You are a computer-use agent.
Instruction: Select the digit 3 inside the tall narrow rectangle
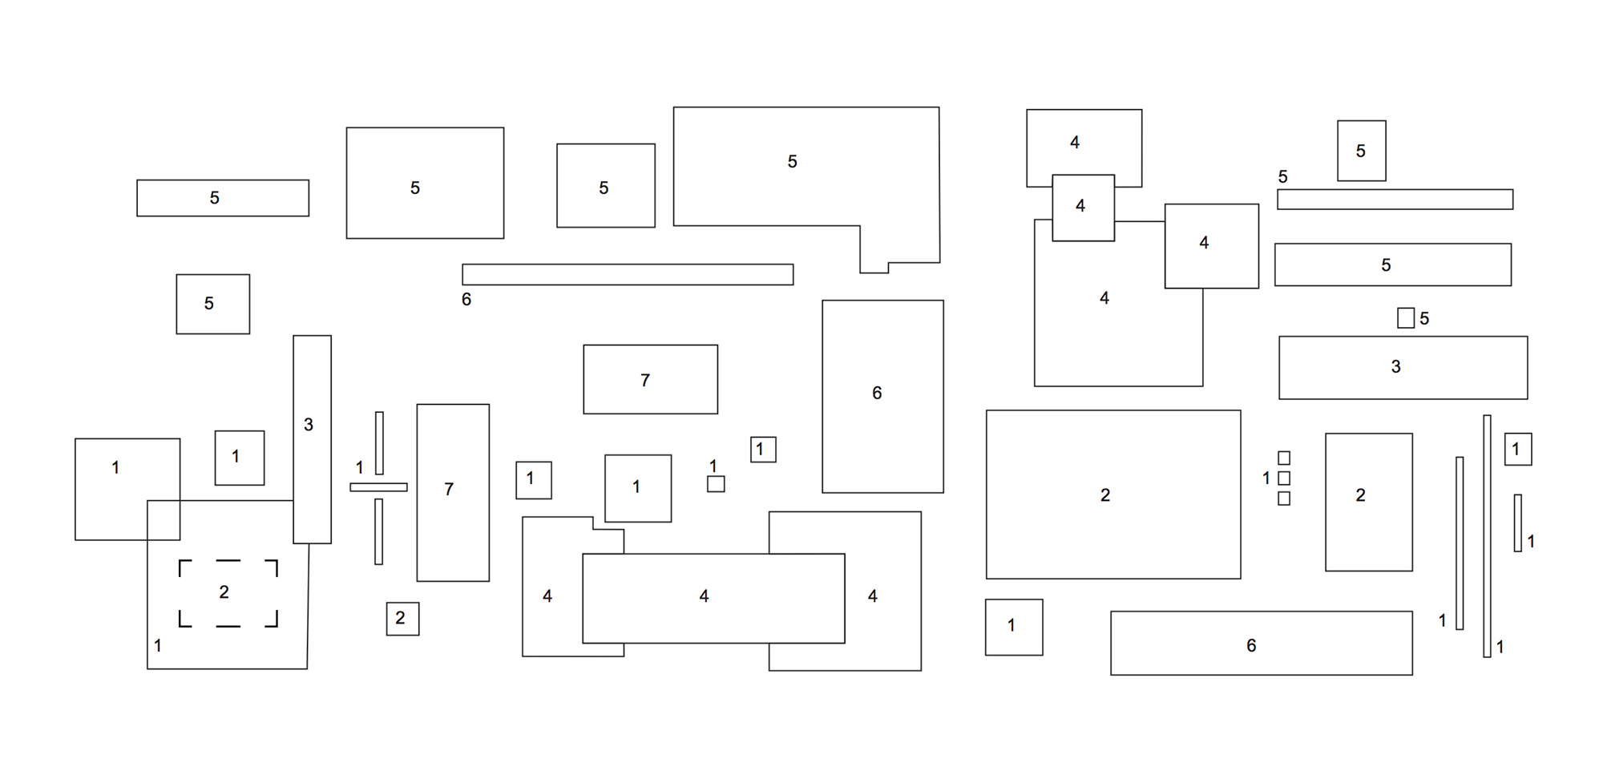point(309,425)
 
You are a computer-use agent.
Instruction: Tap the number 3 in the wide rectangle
point(1395,367)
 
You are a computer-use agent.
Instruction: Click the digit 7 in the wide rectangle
point(645,381)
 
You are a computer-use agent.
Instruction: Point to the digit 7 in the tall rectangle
point(449,489)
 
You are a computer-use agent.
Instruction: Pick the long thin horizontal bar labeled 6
point(628,275)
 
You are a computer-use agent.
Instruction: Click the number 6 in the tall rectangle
point(877,394)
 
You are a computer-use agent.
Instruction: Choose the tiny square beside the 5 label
point(1405,318)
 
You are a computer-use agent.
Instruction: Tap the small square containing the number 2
point(402,619)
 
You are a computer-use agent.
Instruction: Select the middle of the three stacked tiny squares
point(1284,478)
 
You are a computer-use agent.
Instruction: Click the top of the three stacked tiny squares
point(1284,458)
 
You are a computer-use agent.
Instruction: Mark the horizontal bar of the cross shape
point(378,487)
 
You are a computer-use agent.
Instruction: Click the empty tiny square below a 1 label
point(716,484)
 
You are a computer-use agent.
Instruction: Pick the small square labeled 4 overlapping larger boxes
point(1083,208)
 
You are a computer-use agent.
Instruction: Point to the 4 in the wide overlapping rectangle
point(704,596)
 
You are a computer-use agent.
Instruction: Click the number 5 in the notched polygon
point(792,162)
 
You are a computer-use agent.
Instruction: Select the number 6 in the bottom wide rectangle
point(1251,646)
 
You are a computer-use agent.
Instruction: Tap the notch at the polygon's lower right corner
point(874,267)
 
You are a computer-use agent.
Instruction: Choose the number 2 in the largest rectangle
point(1105,495)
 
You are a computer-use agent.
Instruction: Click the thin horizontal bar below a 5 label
point(1395,200)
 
